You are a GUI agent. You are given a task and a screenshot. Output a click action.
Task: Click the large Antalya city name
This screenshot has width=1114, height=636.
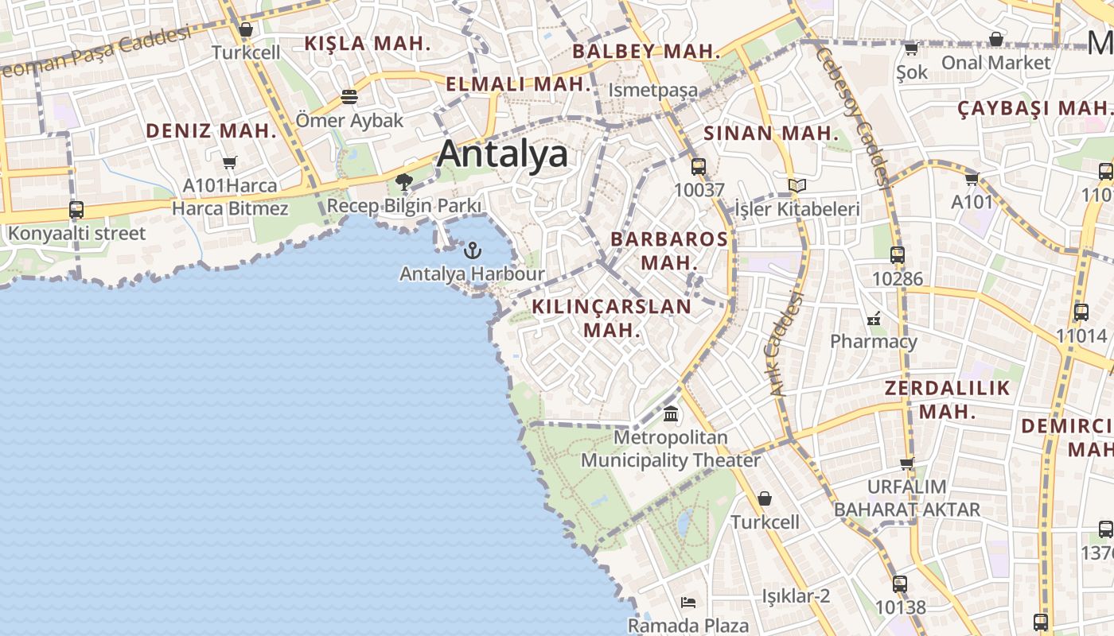[502, 153]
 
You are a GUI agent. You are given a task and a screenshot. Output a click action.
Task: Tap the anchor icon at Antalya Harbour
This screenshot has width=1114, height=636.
[473, 250]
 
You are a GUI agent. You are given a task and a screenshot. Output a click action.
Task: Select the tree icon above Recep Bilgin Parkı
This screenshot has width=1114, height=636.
[404, 182]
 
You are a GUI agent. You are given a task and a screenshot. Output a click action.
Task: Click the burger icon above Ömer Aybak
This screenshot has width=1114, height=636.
[349, 97]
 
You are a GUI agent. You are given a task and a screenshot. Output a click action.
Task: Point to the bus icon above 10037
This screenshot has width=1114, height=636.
[699, 167]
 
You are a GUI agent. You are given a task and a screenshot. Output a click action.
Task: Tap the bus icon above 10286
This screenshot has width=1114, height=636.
[898, 255]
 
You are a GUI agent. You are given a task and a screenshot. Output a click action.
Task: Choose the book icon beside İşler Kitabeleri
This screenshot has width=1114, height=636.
[797, 185]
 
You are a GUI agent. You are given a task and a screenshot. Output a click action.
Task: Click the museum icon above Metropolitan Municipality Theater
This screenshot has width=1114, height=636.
[671, 414]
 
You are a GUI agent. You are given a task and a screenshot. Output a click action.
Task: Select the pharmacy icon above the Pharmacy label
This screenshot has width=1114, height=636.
[874, 319]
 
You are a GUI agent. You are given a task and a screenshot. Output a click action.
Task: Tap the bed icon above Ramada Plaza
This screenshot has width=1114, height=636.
[688, 603]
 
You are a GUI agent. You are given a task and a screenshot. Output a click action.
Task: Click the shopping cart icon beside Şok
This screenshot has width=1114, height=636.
[911, 49]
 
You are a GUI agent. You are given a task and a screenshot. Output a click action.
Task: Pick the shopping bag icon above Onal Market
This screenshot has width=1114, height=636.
[995, 39]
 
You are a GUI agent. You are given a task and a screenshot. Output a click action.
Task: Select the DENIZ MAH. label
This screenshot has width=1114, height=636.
[211, 131]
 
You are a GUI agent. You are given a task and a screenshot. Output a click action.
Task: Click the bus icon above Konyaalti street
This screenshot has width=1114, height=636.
[76, 210]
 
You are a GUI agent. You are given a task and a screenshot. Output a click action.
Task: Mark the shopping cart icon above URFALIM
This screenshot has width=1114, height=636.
[906, 463]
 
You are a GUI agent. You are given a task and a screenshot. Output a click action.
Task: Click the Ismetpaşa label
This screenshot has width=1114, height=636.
[652, 90]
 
